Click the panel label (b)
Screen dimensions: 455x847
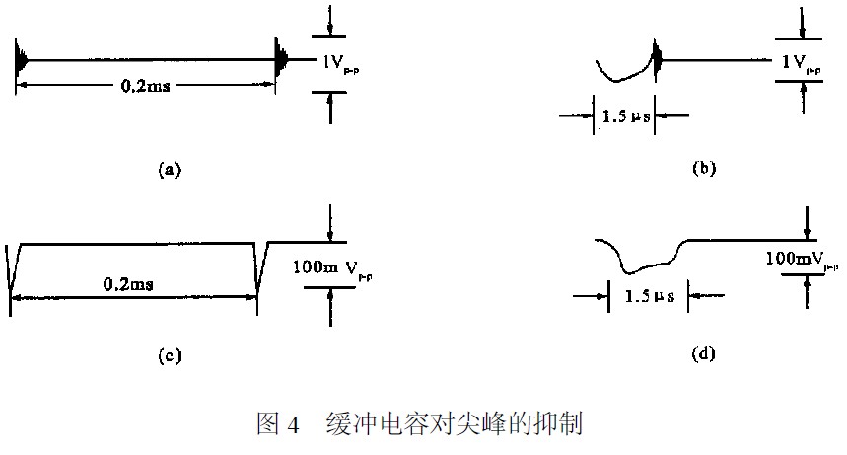(704, 169)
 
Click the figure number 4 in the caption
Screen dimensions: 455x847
(292, 425)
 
